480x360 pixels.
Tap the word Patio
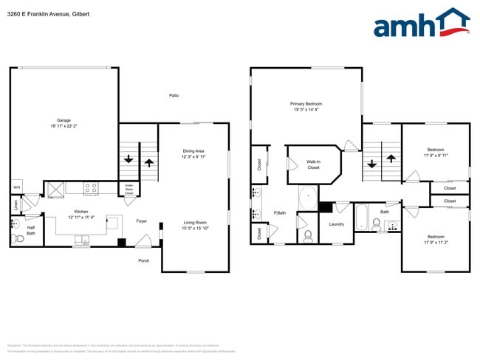point(174,95)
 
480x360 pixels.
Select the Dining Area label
point(193,152)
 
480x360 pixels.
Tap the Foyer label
point(142,221)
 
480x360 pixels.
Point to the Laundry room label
point(337,224)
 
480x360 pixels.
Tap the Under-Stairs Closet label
point(129,189)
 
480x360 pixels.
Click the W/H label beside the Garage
point(16,187)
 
